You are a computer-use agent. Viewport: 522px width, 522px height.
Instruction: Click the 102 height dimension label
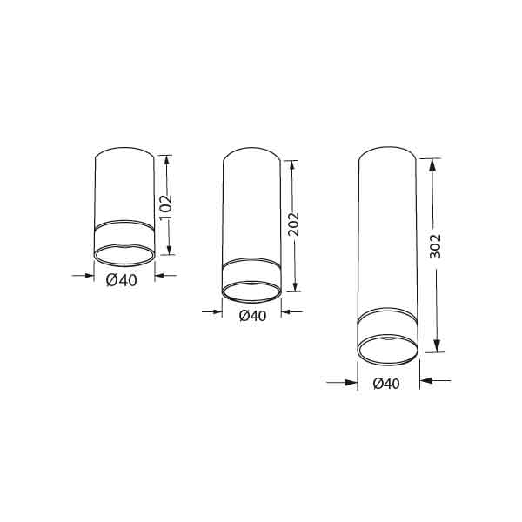tap(166, 208)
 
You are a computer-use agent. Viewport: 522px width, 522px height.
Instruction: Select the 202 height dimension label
tap(294, 224)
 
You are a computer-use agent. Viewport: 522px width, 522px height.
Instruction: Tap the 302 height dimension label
tap(435, 246)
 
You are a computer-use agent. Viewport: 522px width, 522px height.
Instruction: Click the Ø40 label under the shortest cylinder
tap(122, 280)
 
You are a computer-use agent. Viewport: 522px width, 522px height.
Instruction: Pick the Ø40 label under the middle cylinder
tap(252, 316)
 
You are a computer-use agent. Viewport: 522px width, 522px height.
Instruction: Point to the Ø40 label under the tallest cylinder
tap(386, 384)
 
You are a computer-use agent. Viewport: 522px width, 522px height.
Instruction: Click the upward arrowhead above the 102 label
tap(167, 160)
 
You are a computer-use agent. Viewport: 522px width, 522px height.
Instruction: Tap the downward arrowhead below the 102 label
tap(169, 250)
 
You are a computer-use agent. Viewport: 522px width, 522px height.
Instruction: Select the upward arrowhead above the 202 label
tap(292, 165)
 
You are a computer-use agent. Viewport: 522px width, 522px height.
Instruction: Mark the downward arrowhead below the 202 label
tap(295, 286)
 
